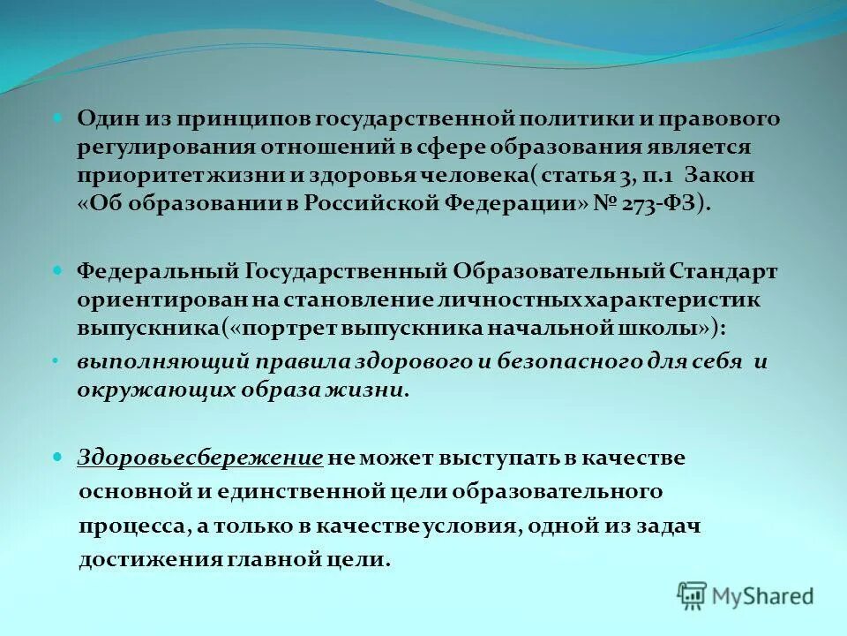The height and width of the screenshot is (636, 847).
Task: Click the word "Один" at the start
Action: point(103,118)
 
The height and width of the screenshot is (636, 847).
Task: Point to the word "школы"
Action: point(660,328)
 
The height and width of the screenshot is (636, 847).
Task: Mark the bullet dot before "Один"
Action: point(58,117)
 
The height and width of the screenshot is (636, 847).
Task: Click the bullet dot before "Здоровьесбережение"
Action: point(58,457)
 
